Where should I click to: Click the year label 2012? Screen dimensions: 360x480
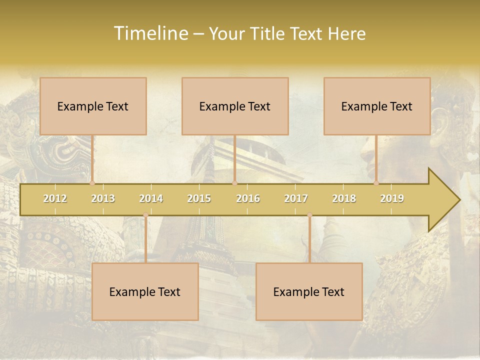55,198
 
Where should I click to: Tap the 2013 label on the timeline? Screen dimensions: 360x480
103,198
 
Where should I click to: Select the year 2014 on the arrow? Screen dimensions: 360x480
151,198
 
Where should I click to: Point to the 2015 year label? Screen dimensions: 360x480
199,198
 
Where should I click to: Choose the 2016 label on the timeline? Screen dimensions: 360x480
248,198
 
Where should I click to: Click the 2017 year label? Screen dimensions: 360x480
296,198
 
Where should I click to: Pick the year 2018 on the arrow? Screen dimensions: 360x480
344,198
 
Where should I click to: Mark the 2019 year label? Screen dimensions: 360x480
392,198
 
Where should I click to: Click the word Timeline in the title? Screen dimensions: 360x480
149,33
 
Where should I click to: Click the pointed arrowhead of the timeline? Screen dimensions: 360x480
445,199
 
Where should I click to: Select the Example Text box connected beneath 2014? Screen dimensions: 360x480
145,291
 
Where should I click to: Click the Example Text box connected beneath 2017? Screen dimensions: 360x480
309,291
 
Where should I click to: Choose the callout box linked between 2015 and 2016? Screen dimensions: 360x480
235,106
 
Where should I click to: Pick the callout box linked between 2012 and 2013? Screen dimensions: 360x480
93,106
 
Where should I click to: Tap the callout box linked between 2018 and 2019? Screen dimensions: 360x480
377,106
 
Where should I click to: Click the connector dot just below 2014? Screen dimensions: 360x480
145,215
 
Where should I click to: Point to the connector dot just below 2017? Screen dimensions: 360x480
309,215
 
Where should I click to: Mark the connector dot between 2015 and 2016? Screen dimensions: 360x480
234,183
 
